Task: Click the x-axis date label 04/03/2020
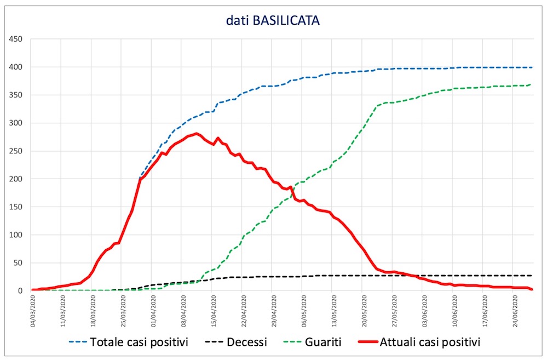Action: (x=34, y=310)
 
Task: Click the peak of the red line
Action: (x=197, y=133)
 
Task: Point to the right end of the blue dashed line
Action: (x=532, y=67)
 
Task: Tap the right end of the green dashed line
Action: (x=531, y=84)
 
